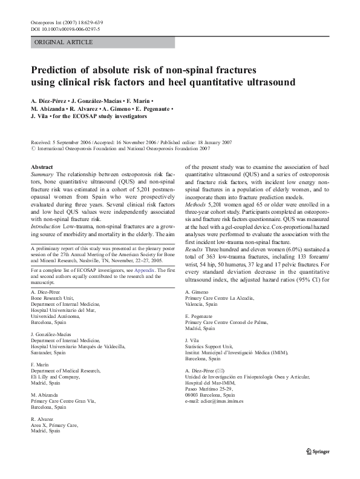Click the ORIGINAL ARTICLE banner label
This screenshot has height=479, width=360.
click(64, 42)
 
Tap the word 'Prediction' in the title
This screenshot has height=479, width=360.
click(58, 70)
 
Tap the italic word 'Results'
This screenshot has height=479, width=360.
click(196, 266)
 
